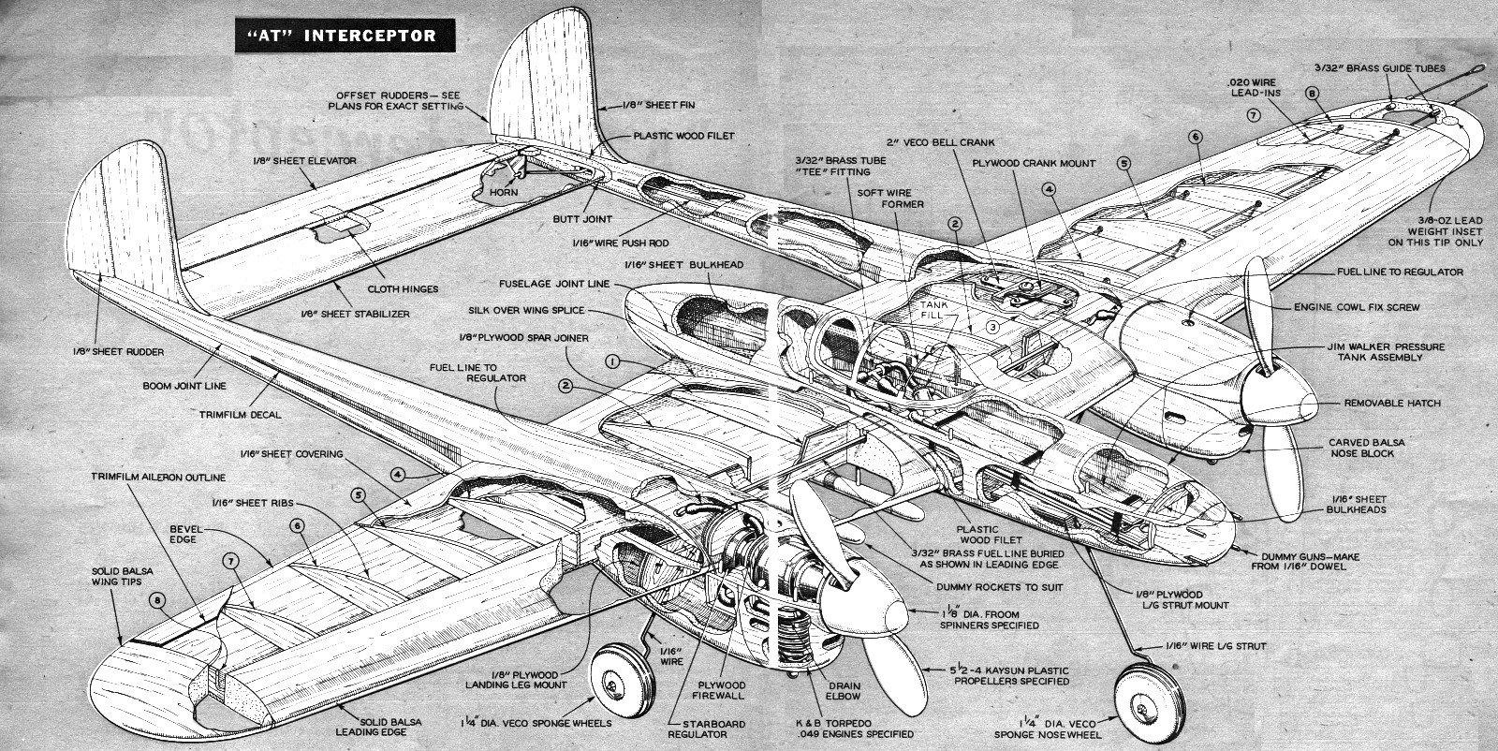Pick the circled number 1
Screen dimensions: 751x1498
coord(613,360)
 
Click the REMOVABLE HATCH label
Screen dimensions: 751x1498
coord(1392,404)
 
